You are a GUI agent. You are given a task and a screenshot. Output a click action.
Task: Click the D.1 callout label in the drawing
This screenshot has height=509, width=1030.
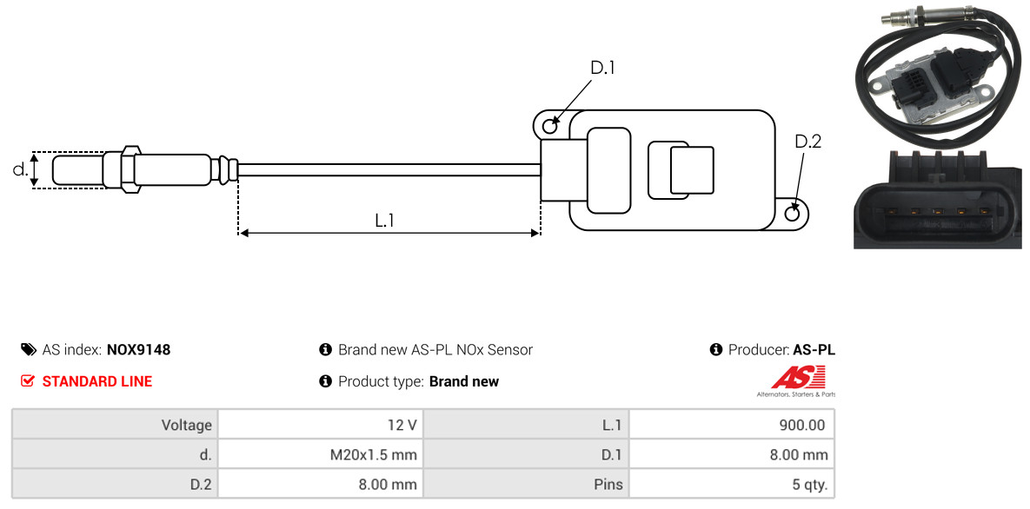pos(601,68)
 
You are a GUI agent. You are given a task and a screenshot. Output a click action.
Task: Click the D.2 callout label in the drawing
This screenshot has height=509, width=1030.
pos(807,142)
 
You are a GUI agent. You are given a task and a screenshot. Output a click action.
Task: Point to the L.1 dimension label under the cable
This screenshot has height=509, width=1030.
pos(384,221)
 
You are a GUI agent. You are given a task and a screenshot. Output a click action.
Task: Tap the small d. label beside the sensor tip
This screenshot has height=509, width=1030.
pos(20,169)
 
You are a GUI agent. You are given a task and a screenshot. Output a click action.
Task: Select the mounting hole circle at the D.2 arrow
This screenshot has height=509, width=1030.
pos(793,212)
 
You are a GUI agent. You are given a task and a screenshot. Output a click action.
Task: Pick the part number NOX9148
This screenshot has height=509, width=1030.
pos(138,350)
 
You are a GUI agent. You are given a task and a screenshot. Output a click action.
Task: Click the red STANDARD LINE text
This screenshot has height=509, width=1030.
pos(97,381)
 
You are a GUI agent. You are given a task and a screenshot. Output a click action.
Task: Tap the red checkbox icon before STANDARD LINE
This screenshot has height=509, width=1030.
pos(27,381)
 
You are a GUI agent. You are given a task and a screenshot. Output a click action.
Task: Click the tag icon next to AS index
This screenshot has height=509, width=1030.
pos(28,349)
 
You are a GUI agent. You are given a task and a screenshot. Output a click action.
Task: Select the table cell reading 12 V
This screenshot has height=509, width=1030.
pos(320,425)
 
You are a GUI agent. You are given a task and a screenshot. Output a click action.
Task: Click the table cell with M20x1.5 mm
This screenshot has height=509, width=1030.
pos(320,454)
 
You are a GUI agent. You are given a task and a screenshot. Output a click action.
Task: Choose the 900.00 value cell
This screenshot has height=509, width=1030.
pos(732,425)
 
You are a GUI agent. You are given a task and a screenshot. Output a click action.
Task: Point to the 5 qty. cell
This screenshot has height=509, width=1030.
pos(732,485)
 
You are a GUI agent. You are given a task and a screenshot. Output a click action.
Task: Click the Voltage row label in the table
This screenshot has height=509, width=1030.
pos(115,425)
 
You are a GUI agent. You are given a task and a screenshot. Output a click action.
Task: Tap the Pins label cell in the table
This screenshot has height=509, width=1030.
pos(526,485)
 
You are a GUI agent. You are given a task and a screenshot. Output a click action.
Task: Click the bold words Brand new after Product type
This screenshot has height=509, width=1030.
pos(464,381)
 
